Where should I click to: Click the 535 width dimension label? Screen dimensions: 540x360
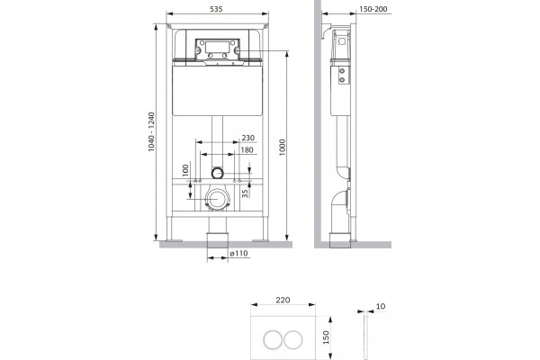(216, 9)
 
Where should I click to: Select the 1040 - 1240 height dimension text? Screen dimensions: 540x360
(151, 132)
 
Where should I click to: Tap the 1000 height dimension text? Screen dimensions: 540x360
(283, 148)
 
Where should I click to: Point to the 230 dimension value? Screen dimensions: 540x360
(248, 138)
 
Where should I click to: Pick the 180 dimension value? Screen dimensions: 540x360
(247, 150)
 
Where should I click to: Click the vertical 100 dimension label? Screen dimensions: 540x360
(185, 170)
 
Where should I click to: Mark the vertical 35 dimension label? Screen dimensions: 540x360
(245, 193)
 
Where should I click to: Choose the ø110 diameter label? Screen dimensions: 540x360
(238, 253)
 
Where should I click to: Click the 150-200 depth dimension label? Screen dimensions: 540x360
(373, 9)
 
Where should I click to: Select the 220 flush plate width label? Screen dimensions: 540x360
(283, 300)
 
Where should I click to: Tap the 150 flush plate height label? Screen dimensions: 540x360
(326, 337)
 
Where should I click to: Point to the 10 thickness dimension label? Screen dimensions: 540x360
(381, 306)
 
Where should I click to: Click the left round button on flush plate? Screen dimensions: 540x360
(273, 339)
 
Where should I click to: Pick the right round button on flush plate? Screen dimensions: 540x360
(293, 339)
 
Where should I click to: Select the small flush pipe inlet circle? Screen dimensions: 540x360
(217, 173)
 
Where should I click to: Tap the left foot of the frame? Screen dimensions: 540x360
(174, 240)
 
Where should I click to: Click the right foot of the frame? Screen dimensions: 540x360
(261, 240)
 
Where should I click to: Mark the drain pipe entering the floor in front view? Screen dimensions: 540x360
(217, 240)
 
